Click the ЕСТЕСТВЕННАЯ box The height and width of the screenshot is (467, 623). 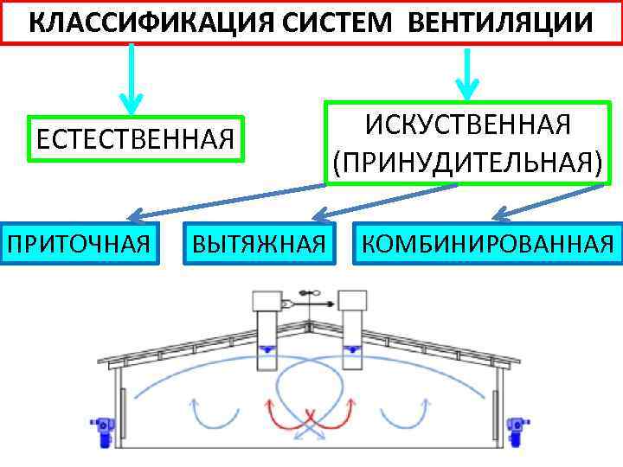click(x=136, y=138)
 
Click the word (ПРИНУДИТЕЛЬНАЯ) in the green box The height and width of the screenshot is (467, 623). click(x=467, y=162)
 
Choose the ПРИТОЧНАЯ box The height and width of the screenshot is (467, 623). click(x=79, y=241)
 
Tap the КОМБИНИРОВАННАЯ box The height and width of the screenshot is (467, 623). click(x=488, y=241)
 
